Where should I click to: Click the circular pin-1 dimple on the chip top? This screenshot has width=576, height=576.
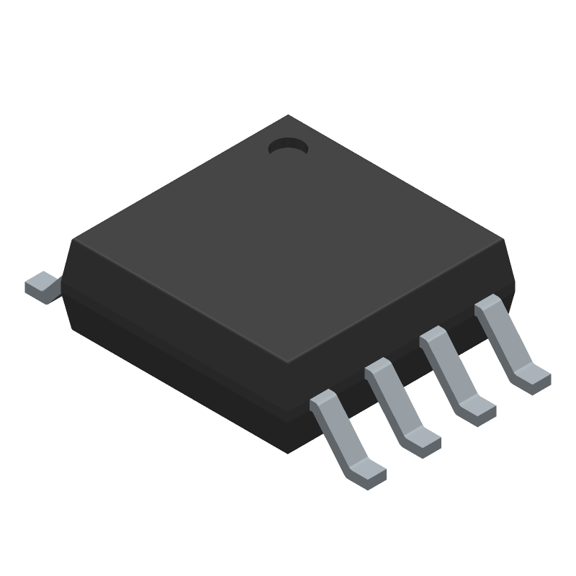(288, 147)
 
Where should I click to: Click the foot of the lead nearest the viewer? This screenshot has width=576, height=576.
(367, 475)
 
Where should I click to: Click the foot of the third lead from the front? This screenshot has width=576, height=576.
(477, 411)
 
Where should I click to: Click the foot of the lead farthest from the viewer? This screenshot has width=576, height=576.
(532, 379)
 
